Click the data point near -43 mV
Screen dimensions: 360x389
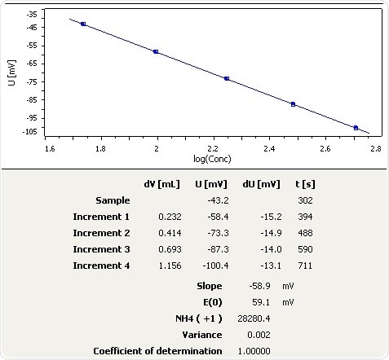point(83,24)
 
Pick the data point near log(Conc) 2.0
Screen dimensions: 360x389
point(156,51)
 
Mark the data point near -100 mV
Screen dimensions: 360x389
point(356,128)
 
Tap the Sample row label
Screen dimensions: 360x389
point(113,200)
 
